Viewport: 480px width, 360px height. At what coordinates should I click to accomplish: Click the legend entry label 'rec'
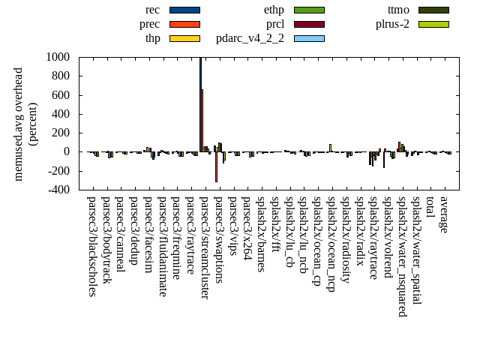coord(152,10)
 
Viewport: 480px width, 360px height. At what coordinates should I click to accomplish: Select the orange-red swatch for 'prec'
coord(184,24)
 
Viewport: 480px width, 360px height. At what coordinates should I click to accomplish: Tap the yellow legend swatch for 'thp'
coord(184,37)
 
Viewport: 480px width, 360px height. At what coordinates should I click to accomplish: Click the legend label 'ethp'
coord(274,10)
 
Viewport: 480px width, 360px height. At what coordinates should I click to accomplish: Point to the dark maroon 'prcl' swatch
coord(309,24)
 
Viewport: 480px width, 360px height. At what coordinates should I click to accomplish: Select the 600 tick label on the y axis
coord(61,95)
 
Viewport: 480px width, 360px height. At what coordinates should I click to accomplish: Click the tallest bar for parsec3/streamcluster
coord(200,104)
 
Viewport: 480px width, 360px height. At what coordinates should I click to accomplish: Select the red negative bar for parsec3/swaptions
coord(216,166)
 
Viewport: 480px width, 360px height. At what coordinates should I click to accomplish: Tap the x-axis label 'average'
coord(444,214)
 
